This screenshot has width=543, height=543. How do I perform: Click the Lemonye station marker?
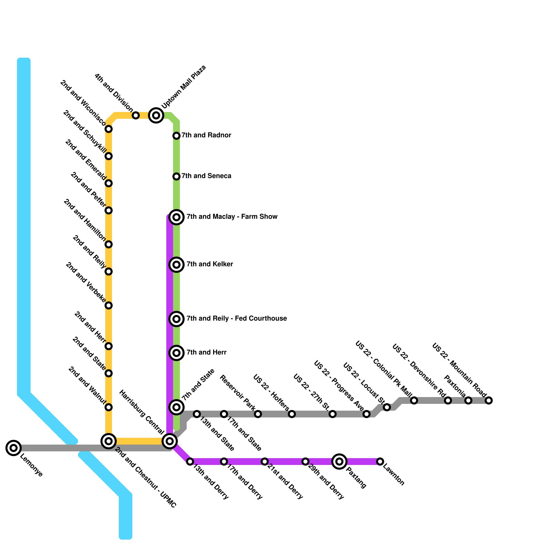[14, 448]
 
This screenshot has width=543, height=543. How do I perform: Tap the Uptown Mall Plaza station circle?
[156, 115]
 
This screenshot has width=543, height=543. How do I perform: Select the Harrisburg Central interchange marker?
[170, 441]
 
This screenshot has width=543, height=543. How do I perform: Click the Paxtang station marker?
[339, 462]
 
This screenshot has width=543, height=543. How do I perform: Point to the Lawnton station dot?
[380, 462]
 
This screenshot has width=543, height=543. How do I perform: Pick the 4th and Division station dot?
[136, 115]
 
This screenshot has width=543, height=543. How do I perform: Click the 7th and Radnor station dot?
[176, 136]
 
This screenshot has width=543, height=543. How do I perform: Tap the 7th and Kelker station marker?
[176, 265]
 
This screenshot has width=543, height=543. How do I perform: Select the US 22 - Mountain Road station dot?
[489, 400]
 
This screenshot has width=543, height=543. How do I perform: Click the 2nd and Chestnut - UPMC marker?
[109, 441]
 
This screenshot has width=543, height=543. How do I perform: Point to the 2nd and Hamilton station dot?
[109, 244]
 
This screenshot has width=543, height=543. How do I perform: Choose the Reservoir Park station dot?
[258, 414]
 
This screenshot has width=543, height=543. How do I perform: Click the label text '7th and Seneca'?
[206, 176]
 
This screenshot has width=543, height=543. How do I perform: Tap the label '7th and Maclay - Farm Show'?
[232, 217]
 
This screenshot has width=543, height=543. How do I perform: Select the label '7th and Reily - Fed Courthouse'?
[237, 318]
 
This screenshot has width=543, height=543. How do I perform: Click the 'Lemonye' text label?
[31, 465]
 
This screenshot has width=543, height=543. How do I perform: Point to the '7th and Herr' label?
[206, 352]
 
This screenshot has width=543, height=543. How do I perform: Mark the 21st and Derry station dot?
[265, 462]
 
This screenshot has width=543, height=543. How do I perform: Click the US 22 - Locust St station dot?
[387, 407]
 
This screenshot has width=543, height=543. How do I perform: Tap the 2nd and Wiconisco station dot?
[109, 129]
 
